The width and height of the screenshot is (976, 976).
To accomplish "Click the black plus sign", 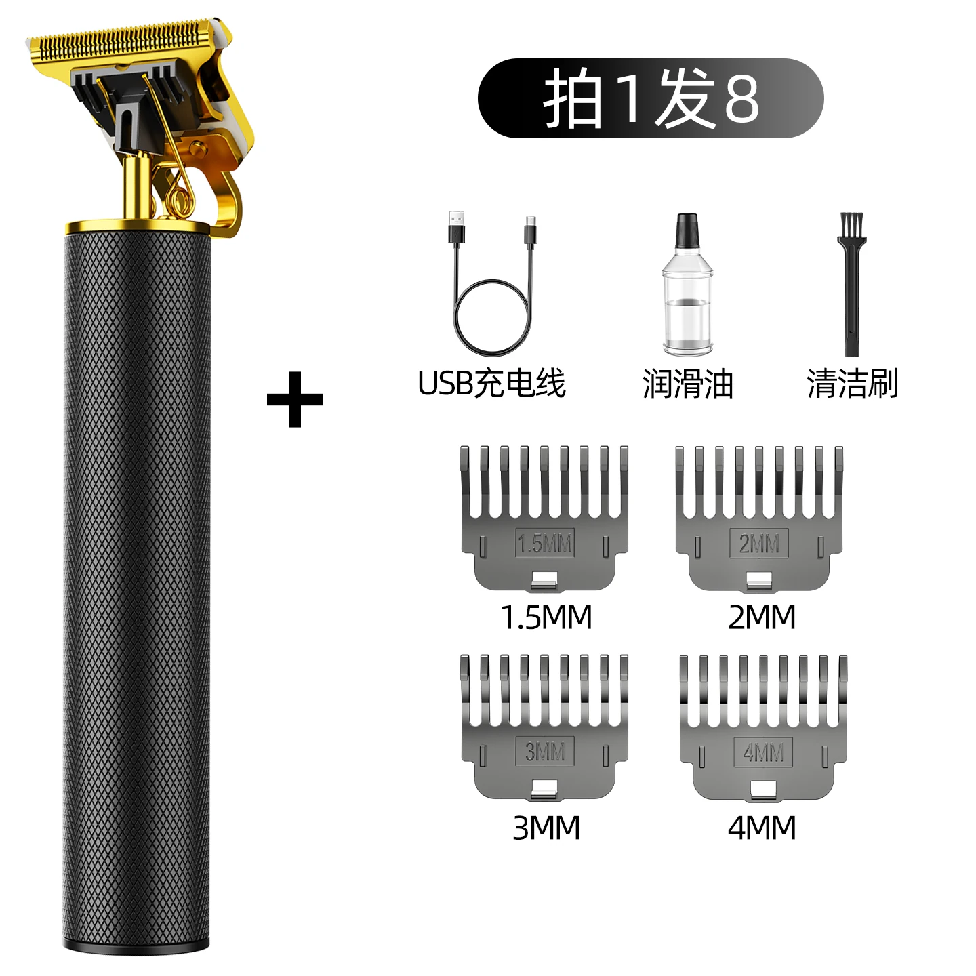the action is pyautogui.click(x=295, y=400).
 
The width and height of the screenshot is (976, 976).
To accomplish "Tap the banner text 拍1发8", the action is pyautogui.click(x=651, y=98).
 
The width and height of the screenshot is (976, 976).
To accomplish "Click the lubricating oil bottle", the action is pyautogui.click(x=688, y=284).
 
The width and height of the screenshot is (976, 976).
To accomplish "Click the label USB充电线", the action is pyautogui.click(x=491, y=384).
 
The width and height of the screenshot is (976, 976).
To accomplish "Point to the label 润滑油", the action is pyautogui.click(x=688, y=384).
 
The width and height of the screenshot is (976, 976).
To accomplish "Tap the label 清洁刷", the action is pyautogui.click(x=853, y=384).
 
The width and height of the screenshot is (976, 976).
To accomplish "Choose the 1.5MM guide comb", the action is pyautogui.click(x=545, y=519).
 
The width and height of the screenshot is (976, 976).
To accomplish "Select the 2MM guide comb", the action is pyautogui.click(x=759, y=519).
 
